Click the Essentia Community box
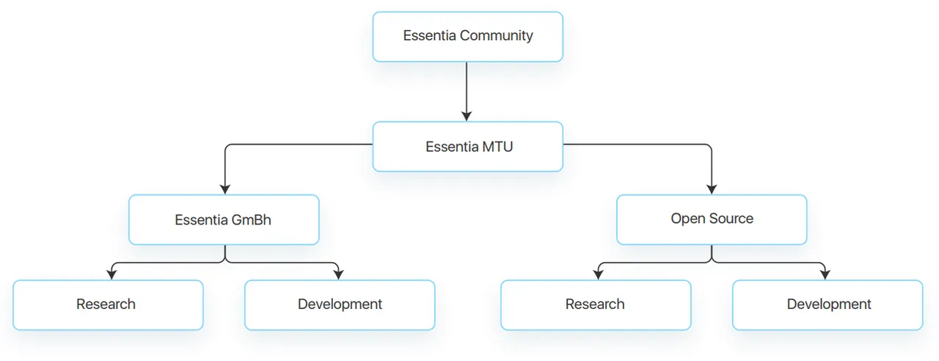pos(468,37)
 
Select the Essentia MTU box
pos(468,147)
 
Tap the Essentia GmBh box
pos(224,219)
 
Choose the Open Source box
pos(712,219)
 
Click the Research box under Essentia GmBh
pos(108,305)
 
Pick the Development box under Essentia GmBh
pos(340,305)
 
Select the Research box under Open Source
pos(596,305)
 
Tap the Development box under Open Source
pos(828,305)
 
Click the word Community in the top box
pos(497,36)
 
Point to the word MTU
pos(497,147)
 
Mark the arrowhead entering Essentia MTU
pos(467,116)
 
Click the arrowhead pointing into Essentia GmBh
pos(225,189)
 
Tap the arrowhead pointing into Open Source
pos(712,189)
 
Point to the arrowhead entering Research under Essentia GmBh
pos(112,274)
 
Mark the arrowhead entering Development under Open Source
pos(825,274)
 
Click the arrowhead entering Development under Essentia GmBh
pos(338,274)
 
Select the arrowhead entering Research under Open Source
pos(598,274)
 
